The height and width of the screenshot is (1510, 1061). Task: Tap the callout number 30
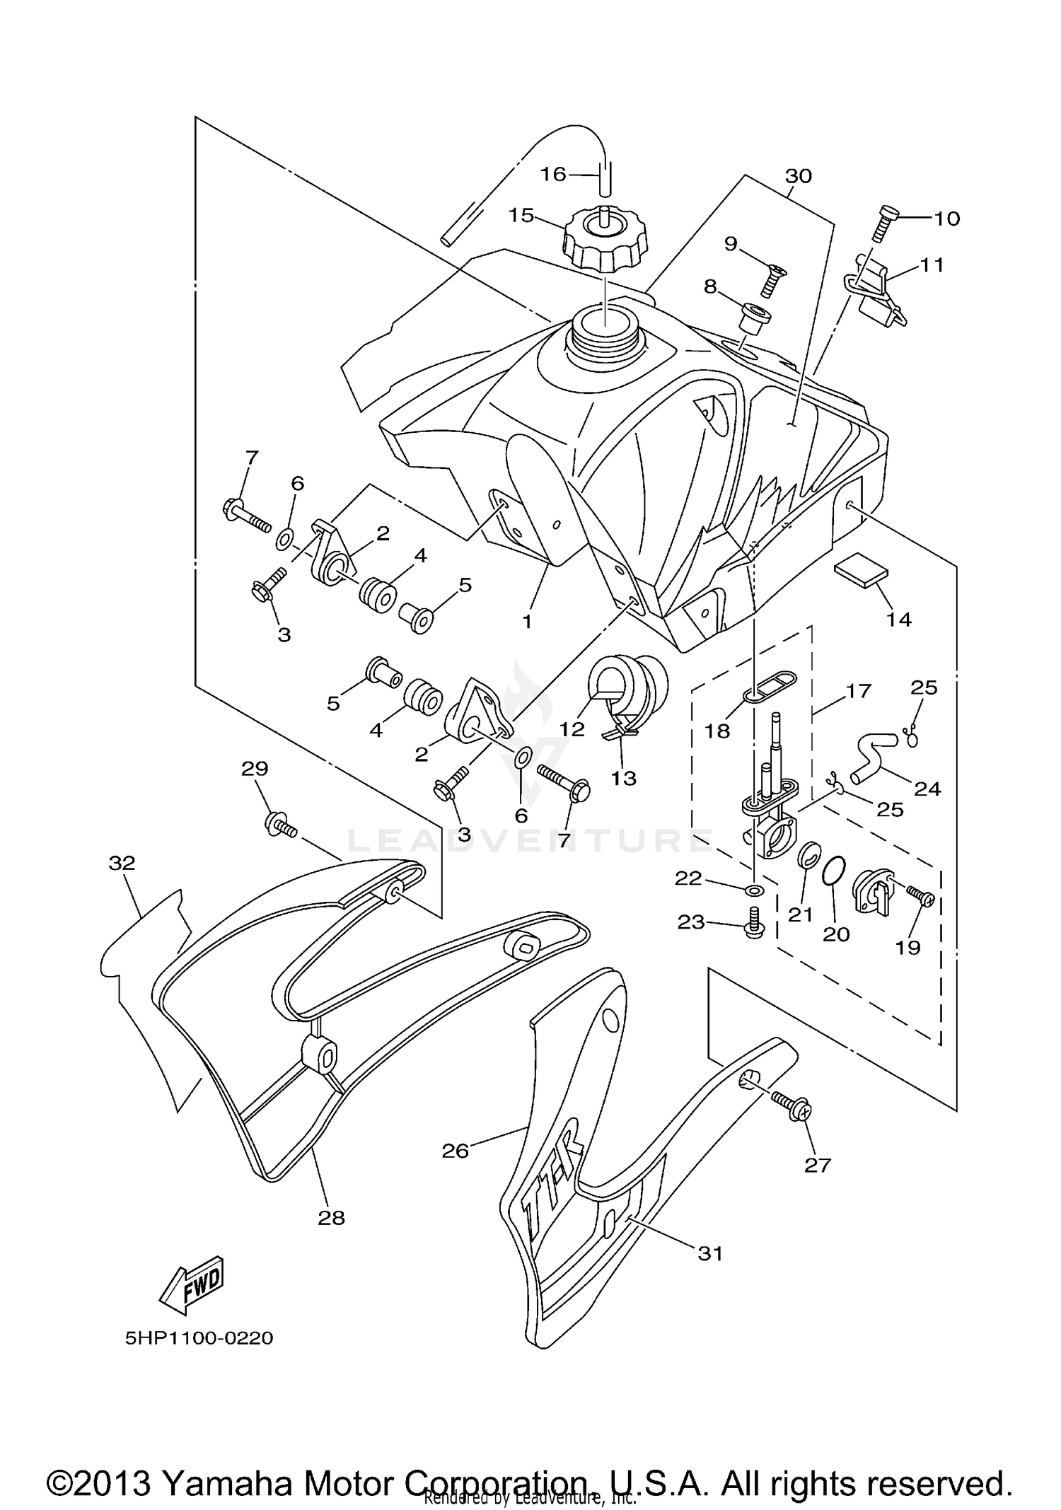799,175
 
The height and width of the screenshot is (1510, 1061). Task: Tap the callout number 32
122,863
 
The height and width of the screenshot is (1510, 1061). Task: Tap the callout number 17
859,690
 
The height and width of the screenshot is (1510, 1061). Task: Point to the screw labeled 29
282,825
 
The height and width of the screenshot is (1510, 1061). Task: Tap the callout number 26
456,1151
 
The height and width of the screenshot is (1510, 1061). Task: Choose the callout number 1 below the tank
527,622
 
